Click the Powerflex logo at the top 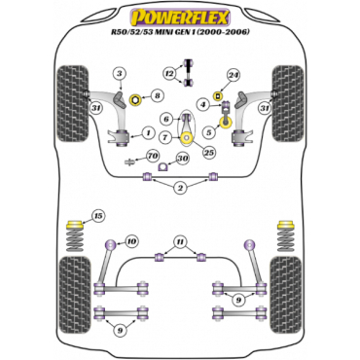coord(180,18)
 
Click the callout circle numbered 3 coord(120,74)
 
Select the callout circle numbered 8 coord(157,95)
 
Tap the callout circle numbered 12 coord(169,74)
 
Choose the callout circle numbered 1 coord(148,132)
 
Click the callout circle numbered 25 coord(209,152)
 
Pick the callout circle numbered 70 coord(153,156)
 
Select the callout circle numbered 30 coord(183,158)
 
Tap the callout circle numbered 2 coord(180,188)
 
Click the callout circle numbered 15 coord(98,216)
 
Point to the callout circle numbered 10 coord(131,241)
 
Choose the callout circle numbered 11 coord(179,241)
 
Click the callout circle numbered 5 coord(208,132)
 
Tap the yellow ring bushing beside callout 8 coord(136,99)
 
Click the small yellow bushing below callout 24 coord(218,95)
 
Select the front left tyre coord(72,103)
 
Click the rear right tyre coord(286,295)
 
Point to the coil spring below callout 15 coord(75,239)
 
